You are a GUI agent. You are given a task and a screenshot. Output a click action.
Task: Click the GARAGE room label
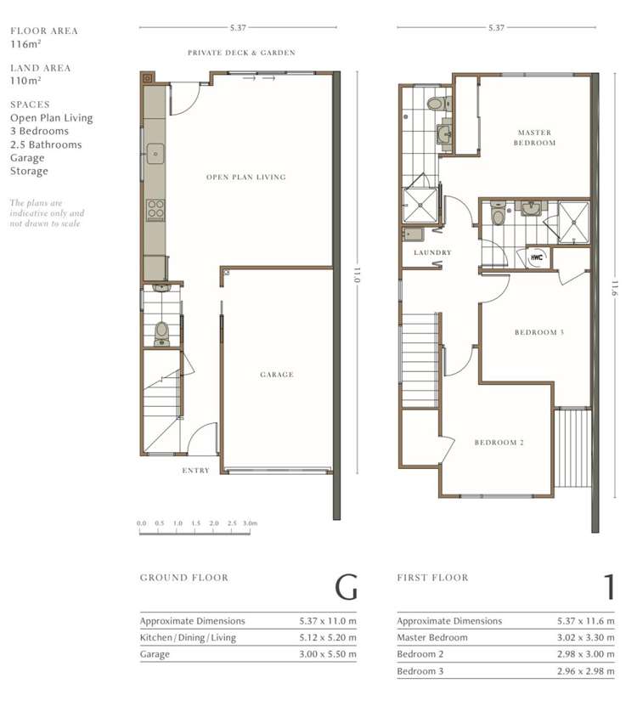coord(277,375)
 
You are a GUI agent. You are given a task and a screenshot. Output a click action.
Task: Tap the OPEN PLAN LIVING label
coord(245,178)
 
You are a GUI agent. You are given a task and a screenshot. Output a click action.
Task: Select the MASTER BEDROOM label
coord(535,138)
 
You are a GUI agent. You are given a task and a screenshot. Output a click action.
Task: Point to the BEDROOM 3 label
coord(539,332)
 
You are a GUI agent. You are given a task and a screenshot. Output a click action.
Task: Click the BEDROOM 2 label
coord(499,443)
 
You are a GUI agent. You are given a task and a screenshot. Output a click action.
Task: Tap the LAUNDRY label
coord(432,252)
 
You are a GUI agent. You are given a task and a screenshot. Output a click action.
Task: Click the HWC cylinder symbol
coord(537,257)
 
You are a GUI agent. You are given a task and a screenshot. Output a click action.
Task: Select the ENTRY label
coord(195,471)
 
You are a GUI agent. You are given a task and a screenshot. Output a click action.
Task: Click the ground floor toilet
coord(162,332)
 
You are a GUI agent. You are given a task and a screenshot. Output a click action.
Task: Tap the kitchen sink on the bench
coord(155,154)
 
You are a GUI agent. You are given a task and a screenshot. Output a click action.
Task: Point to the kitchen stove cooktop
coord(155,209)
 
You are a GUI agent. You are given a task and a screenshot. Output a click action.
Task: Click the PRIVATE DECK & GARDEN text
coord(242,53)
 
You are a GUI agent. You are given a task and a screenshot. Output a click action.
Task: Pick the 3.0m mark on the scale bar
coord(250,524)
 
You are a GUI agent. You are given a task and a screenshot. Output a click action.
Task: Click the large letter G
coord(346,587)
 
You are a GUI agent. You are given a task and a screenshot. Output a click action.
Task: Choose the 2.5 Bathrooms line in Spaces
coord(46,144)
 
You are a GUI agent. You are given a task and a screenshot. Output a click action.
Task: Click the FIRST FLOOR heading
coord(432,578)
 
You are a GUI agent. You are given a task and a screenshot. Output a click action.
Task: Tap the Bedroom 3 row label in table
coord(422,671)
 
